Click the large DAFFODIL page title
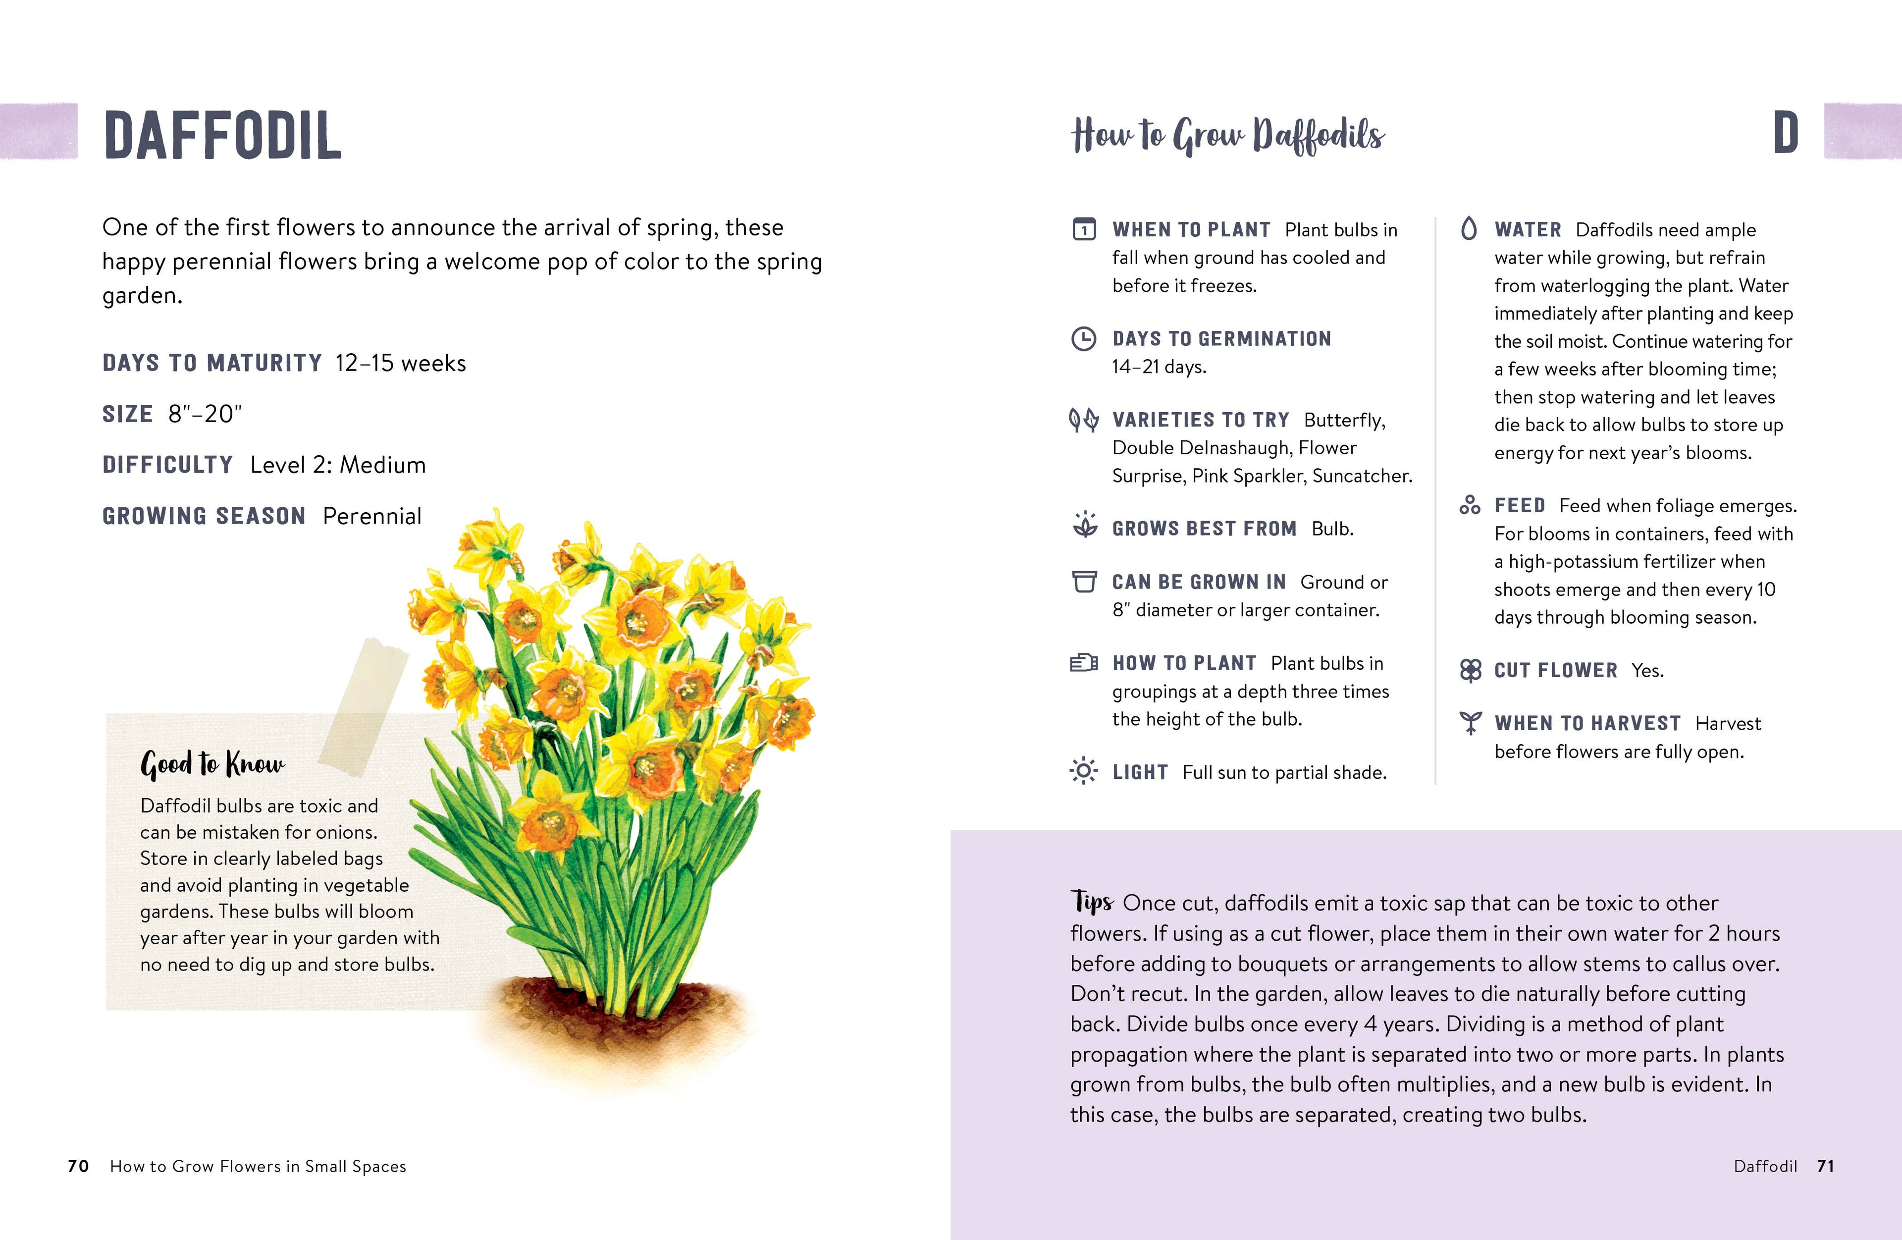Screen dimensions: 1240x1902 click(x=222, y=136)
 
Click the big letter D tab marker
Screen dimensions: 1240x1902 click(x=1785, y=134)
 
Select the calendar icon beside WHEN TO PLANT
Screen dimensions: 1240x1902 click(x=1084, y=229)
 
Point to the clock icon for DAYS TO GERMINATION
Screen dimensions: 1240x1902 click(x=1084, y=339)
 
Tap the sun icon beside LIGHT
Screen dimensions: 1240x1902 click(x=1084, y=771)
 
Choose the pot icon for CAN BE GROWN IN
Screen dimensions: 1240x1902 click(x=1084, y=581)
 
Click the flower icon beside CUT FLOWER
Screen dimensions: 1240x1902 click(x=1470, y=670)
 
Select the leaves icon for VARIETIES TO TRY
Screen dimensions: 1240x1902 click(x=1084, y=420)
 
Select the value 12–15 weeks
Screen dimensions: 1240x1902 click(x=400, y=363)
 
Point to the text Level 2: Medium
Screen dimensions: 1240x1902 click(x=338, y=465)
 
